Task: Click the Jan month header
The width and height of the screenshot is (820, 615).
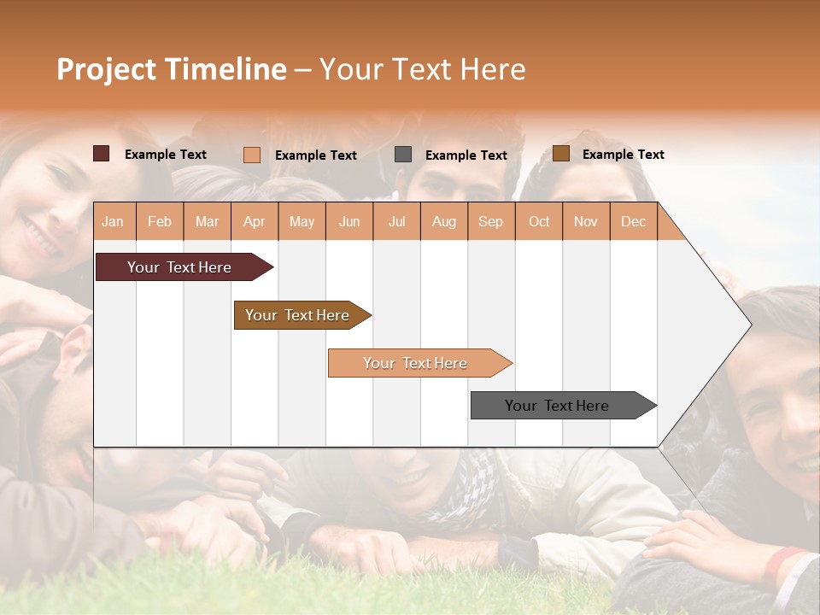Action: (113, 222)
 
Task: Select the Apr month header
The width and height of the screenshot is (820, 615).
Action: (255, 222)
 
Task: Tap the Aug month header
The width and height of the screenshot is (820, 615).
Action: (443, 222)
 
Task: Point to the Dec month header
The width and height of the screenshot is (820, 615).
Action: (633, 222)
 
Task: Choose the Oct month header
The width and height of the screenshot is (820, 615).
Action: (539, 222)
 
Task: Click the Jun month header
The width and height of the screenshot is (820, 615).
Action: (349, 222)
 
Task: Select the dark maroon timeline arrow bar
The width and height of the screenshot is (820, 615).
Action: (180, 267)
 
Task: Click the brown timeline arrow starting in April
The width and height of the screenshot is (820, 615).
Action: (298, 315)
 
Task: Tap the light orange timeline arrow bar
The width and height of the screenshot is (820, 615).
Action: (416, 363)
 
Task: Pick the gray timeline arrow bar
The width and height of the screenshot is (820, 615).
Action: (558, 406)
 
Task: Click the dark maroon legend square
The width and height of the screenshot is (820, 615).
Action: (102, 154)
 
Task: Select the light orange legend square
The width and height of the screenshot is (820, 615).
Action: (252, 155)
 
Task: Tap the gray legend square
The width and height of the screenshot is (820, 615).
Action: (403, 155)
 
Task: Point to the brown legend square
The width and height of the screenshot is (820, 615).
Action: (560, 154)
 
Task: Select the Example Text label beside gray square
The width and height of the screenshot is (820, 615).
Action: (466, 155)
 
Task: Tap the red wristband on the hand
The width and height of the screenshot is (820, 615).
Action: (783, 560)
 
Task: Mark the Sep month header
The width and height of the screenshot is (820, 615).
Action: (490, 222)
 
